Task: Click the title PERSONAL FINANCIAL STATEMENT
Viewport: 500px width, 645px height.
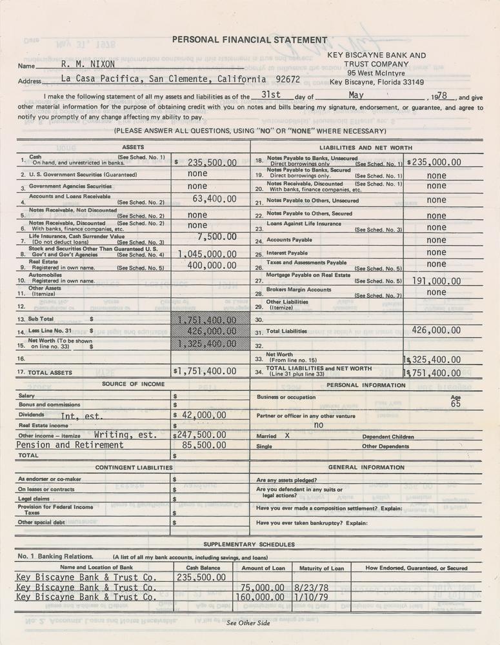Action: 250,39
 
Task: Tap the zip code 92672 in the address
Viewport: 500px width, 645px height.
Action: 287,79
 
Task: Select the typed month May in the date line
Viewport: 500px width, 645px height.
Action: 355,95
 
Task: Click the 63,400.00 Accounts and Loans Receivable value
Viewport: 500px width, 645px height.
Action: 214,199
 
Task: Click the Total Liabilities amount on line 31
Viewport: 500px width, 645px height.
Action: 436,330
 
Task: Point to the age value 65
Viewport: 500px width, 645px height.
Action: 455,405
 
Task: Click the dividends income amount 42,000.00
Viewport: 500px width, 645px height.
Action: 203,415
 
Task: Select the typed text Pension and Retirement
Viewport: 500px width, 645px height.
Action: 70,444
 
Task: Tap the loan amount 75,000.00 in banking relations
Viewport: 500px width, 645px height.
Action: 262,588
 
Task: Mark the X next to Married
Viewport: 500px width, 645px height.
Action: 287,436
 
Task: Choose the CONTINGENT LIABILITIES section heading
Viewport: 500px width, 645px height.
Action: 134,467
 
